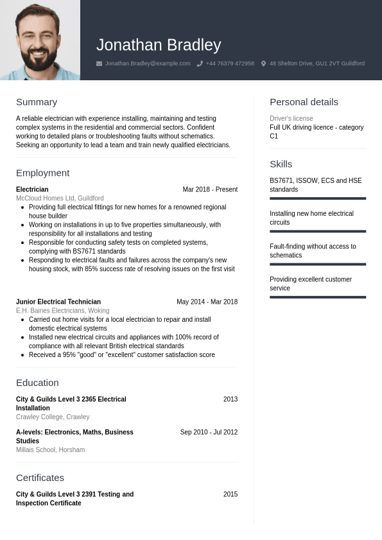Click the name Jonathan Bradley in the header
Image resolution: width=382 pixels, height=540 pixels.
click(x=159, y=45)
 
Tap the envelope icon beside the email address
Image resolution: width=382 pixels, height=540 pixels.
click(x=99, y=64)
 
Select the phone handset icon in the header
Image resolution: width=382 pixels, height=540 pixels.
click(x=200, y=64)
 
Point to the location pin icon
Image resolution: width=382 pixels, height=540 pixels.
click(x=263, y=64)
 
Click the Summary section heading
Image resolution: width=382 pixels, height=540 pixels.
click(x=37, y=102)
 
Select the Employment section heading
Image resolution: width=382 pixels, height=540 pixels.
click(x=42, y=173)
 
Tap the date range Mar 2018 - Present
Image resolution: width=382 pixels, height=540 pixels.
click(x=210, y=189)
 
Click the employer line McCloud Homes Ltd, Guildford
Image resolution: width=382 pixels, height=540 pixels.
click(x=60, y=198)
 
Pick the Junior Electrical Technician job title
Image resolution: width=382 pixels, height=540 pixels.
click(x=58, y=302)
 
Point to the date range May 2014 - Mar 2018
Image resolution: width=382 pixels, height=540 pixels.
click(x=207, y=302)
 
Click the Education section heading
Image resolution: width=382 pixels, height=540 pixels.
click(x=37, y=383)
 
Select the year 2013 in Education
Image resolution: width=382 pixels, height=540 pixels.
click(x=230, y=399)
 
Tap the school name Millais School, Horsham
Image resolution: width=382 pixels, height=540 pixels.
click(x=50, y=450)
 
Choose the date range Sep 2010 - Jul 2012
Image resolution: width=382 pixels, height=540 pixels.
click(x=209, y=432)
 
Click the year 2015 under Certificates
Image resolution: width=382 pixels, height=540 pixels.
click(x=230, y=494)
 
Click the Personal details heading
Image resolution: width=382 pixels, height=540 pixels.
click(x=304, y=102)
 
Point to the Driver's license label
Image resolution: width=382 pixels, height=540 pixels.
click(x=291, y=119)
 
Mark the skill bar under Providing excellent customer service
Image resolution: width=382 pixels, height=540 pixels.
click(x=318, y=297)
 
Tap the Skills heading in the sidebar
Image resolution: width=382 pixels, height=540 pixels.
click(x=281, y=164)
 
